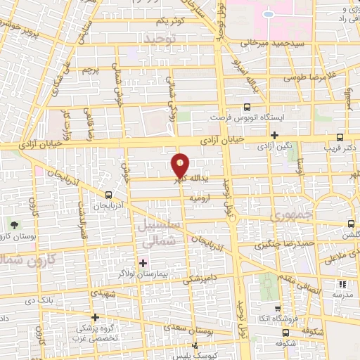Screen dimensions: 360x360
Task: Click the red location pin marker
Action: click(181, 166)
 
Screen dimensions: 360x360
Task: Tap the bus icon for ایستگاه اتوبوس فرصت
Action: click(246, 108)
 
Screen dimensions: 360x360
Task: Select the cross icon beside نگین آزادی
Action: click(275, 135)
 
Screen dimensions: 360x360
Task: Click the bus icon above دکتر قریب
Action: click(340, 137)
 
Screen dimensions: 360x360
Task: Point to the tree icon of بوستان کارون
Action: click(15, 225)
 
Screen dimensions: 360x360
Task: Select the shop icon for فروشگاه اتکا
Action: click(278, 308)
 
